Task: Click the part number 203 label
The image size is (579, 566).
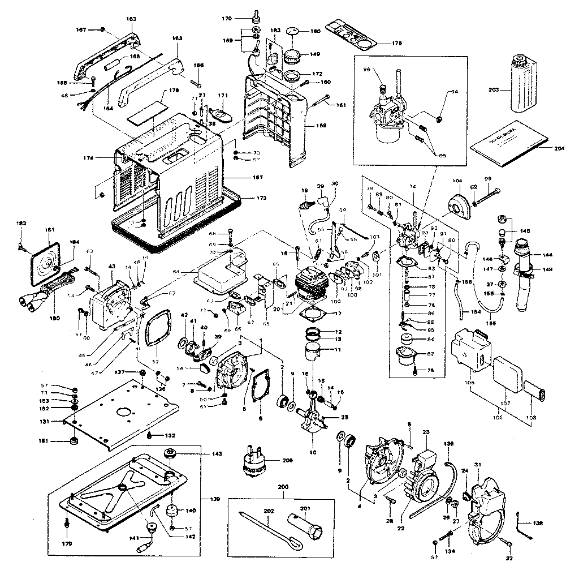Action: (494, 90)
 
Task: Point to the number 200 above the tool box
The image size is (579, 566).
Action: (283, 487)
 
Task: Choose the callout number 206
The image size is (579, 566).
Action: (288, 461)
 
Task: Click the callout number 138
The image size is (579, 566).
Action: (538, 524)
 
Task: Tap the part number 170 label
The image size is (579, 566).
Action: (227, 19)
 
